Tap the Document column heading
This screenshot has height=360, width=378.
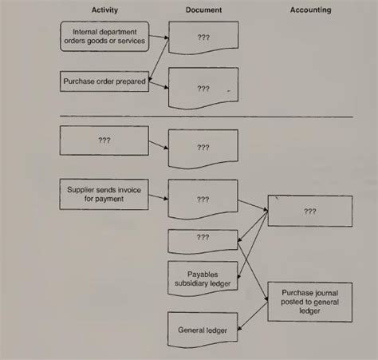(203, 10)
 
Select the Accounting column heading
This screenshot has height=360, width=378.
(311, 10)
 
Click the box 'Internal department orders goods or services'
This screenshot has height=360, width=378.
(104, 36)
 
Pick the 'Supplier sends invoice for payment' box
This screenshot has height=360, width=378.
(104, 194)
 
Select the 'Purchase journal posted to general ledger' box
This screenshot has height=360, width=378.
(309, 301)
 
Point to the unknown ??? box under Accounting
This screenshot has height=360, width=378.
(309, 212)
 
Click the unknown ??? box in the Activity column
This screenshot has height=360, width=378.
(104, 140)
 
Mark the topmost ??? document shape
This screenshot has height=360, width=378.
(203, 38)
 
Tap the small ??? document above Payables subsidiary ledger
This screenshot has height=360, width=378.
(203, 238)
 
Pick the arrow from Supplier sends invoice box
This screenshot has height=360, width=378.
(158, 194)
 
